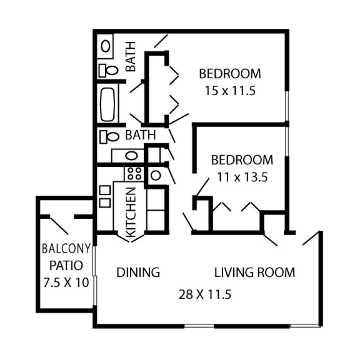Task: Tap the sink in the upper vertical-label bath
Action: [106, 46]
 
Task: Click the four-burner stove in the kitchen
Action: [134, 174]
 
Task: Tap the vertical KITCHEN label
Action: [131, 212]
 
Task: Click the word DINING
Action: [138, 272]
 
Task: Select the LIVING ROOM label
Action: [254, 272]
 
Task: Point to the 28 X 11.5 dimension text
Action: [205, 295]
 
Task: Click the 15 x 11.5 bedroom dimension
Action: [230, 91]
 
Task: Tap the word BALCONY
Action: [66, 249]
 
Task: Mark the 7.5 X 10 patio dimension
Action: [66, 283]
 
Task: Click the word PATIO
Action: [66, 266]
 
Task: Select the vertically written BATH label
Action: [131, 56]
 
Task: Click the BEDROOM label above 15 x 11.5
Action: [230, 74]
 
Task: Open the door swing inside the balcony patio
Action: [59, 226]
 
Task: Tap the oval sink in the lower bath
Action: [131, 156]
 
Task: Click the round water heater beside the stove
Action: [155, 175]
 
